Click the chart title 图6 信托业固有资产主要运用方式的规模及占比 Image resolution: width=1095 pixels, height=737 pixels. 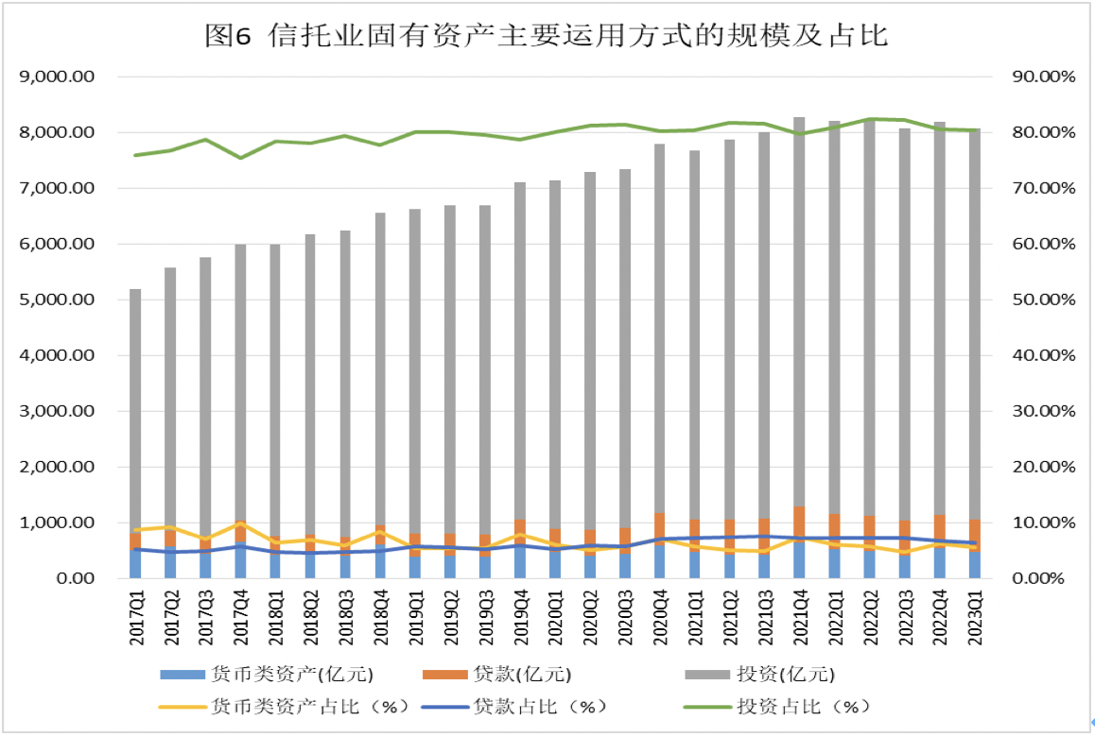(547, 36)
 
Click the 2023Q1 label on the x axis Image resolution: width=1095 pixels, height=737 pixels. (974, 620)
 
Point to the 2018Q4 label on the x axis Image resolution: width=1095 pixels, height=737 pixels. (380, 620)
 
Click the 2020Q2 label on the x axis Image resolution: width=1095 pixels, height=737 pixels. (589, 620)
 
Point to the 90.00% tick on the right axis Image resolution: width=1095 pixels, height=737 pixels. (1044, 77)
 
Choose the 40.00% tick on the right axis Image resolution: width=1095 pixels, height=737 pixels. (1044, 355)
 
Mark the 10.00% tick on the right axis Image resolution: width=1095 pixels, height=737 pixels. (1044, 523)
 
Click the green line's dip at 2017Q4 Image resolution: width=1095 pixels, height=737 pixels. (240, 158)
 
